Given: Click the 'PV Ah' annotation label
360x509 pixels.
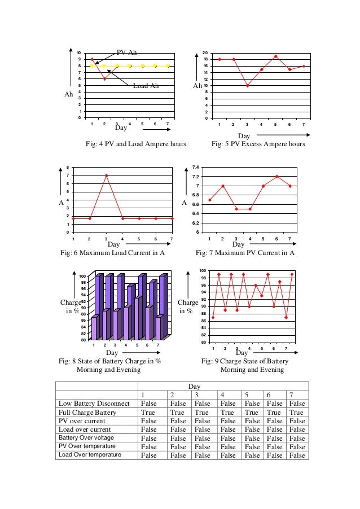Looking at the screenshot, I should (126, 52).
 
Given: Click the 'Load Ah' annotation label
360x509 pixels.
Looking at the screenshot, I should (146, 86).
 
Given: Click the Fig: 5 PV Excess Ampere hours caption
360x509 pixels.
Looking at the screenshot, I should (258, 144).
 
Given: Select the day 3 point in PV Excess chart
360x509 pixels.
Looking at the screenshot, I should (247, 86).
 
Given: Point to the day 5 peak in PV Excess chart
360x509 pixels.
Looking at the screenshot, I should (275, 56).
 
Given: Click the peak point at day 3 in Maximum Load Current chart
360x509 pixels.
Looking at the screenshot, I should (106, 175).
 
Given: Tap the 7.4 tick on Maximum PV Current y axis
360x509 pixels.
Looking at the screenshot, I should (195, 168).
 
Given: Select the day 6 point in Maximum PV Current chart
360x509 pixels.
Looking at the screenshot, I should (276, 177).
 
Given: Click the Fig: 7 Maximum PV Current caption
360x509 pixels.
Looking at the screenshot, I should (245, 253).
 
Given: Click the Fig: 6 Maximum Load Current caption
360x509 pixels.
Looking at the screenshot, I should (112, 253).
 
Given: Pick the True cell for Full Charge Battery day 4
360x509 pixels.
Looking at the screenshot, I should (229, 413).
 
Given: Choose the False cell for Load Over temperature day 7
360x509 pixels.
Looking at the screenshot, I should (297, 455).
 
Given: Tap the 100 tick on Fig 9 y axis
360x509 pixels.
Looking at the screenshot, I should (202, 271).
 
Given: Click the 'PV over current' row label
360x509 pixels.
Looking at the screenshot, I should (86, 421).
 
